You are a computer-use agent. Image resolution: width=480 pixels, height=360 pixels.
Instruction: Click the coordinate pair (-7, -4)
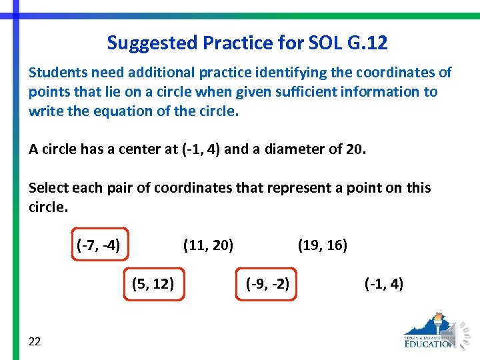click(x=99, y=245)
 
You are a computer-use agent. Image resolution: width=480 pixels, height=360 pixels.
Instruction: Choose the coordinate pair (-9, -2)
click(x=267, y=284)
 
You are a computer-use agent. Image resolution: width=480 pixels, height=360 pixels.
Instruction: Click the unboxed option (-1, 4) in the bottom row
click(x=384, y=284)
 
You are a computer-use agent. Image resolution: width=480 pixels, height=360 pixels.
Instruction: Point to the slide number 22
click(x=35, y=341)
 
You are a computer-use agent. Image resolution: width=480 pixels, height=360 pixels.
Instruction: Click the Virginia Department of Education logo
click(x=430, y=331)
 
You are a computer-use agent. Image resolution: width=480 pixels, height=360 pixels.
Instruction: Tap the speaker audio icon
click(x=461, y=331)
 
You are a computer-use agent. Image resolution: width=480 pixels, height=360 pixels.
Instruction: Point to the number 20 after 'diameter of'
click(x=355, y=149)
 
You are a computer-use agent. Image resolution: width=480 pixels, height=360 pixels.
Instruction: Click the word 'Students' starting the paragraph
click(x=56, y=72)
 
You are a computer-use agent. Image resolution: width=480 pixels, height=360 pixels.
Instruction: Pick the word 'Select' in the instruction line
click(x=47, y=187)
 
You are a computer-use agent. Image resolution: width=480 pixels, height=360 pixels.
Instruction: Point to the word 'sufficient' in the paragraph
click(x=300, y=91)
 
